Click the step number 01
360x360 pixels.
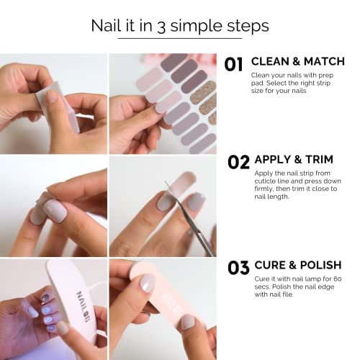pos(233,65)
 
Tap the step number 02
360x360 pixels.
pos(238,162)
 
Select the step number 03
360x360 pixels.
pos(238,268)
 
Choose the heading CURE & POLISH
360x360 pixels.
pos(297,264)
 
